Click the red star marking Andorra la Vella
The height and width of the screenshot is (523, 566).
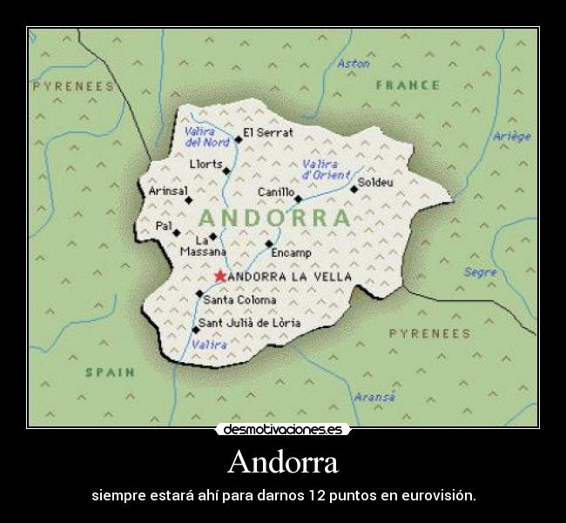pos(219,276)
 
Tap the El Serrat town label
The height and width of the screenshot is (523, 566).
pos(267,132)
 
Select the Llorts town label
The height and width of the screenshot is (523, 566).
pos(206,164)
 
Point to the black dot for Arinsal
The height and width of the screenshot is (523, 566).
pos(189,200)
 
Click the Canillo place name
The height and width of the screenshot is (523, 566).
pos(275,191)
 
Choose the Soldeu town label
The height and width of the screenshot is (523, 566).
pos(376,183)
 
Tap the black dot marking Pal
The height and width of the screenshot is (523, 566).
pos(177,232)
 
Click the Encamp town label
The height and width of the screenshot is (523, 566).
pos(291,252)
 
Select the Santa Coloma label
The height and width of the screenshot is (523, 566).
pos(239,299)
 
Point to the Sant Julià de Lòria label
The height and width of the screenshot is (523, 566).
pos(250,323)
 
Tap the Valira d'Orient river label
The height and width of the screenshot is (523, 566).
pos(325,169)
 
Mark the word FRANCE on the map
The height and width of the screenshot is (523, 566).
pos(407,85)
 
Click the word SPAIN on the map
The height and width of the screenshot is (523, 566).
pos(110,372)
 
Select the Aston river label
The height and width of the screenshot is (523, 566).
pos(353,64)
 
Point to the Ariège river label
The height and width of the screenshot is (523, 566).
pos(511,136)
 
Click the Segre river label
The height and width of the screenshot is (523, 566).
pos(480,272)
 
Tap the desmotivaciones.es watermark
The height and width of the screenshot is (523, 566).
pos(282,430)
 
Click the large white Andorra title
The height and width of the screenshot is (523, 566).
pos(282,462)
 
